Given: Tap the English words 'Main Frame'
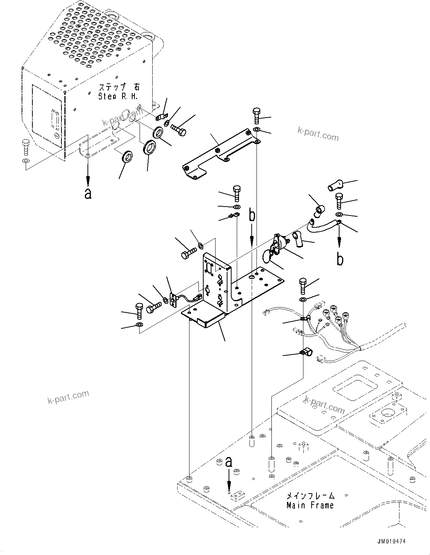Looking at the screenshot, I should pyautogui.click(x=310, y=505).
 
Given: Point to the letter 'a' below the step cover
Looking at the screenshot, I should pyautogui.click(x=88, y=193).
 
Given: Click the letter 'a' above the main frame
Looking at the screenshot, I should pyautogui.click(x=229, y=462).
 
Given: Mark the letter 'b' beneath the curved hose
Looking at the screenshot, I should pyautogui.click(x=340, y=259).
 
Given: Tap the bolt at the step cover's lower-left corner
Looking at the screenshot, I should pyautogui.click(x=25, y=147).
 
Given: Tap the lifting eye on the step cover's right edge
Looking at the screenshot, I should pyautogui.click(x=150, y=37).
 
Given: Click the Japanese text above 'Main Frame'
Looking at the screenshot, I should pyautogui.click(x=310, y=496).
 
